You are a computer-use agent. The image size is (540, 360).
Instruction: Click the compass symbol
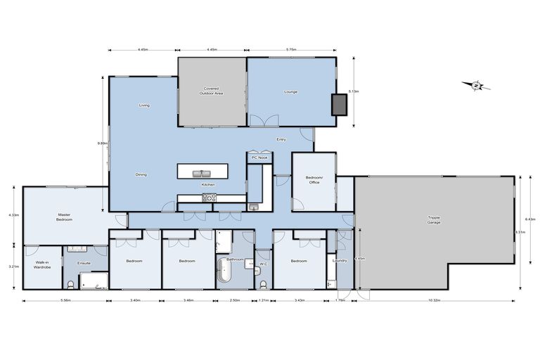coord(476,86)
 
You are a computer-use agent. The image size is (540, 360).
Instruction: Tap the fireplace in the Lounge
coord(340,104)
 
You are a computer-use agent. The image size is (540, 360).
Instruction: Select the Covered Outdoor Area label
coord(211,91)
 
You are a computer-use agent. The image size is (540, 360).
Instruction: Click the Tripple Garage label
coord(434,219)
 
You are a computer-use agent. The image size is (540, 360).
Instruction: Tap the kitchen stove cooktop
coord(208,198)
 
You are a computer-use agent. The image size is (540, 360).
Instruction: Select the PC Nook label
coord(259,157)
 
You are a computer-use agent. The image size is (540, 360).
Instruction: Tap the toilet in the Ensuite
coord(71,284)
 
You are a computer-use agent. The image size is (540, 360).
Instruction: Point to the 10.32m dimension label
coord(434,301)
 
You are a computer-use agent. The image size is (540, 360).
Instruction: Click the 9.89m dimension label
coord(102,143)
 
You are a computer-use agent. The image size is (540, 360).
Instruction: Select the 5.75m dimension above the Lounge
coord(291,50)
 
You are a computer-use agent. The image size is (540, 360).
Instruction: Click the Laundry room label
coord(340,261)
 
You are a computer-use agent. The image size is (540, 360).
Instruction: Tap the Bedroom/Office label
coord(314,180)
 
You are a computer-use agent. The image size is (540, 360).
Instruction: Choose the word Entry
coord(281,139)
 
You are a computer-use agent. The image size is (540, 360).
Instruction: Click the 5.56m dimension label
coord(65,301)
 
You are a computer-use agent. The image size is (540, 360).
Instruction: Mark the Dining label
coord(141,174)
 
